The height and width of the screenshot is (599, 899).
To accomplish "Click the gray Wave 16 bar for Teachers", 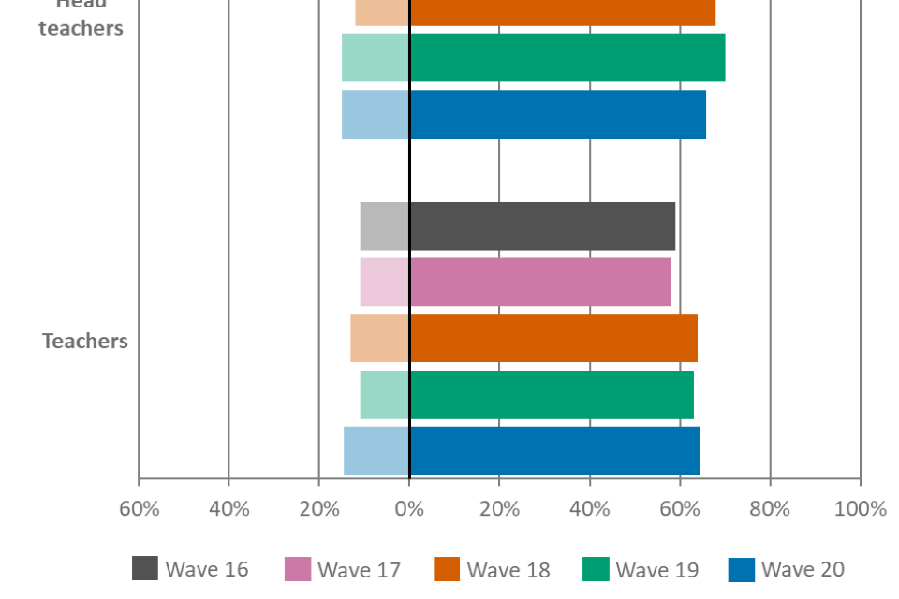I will click(x=518, y=226).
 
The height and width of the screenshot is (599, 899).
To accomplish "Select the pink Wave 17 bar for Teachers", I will click(x=515, y=282).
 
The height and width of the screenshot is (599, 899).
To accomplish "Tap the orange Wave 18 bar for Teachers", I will click(x=524, y=338).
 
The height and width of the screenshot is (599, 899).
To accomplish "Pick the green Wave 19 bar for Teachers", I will click(x=526, y=394).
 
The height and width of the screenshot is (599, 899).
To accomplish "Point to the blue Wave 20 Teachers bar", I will click(x=522, y=450).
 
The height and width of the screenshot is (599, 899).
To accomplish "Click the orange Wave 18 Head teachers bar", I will click(x=536, y=11).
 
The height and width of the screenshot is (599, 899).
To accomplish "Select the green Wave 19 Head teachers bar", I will click(x=534, y=57).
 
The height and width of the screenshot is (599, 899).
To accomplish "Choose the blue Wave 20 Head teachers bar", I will click(x=524, y=114).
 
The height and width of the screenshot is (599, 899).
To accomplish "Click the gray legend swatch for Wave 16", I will click(x=145, y=569).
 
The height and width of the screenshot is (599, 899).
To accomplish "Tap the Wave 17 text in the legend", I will click(x=358, y=570).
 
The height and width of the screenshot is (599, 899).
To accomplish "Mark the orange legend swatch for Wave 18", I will click(x=447, y=569).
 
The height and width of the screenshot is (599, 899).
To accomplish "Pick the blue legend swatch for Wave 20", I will click(x=741, y=569).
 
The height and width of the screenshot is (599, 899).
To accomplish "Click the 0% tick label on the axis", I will click(x=409, y=510).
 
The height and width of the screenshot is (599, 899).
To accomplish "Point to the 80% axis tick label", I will click(x=770, y=510).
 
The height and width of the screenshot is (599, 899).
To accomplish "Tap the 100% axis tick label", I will click(x=860, y=510).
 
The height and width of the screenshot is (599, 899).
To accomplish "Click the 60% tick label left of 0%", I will click(x=139, y=510).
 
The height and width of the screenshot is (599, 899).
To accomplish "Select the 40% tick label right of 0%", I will click(x=590, y=510).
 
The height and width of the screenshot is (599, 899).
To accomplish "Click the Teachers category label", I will click(x=84, y=342).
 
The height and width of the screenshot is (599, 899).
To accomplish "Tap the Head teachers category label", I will click(x=81, y=19).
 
